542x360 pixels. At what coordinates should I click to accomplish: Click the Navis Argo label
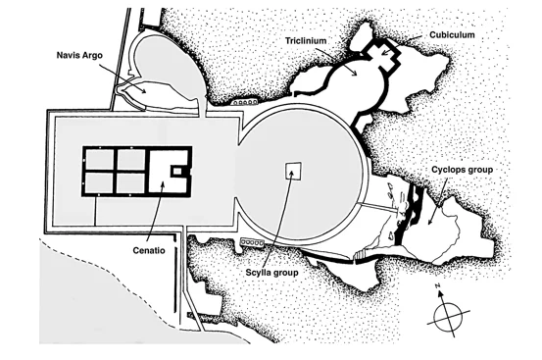coord(79,55)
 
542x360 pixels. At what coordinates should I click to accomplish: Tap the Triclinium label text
coord(306,41)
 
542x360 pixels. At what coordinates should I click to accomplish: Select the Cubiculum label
coord(452,35)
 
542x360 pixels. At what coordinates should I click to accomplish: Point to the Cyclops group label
coord(463,170)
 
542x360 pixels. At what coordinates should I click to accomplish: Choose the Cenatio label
coord(149,250)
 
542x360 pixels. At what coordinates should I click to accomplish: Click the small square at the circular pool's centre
coord(293,171)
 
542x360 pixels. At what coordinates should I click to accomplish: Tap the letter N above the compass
coord(437,285)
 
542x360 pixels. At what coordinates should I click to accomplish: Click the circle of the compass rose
coord(448,317)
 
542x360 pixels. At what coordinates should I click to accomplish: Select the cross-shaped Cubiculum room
coord(382,54)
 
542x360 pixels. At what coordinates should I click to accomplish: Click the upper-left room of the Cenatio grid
coord(100,160)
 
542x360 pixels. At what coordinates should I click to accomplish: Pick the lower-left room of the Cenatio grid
coord(100,182)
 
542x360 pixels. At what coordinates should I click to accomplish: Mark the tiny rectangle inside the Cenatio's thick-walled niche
coord(177,171)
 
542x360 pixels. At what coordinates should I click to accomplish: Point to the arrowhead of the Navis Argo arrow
coord(143,90)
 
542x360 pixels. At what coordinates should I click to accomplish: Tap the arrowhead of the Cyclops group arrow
coord(430,222)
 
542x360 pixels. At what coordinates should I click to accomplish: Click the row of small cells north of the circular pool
coord(245,102)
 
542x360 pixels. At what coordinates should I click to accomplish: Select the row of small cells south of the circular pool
coord(253,242)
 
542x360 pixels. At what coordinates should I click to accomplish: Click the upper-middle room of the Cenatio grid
coord(131,160)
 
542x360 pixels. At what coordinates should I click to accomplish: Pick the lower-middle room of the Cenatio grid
coord(131,182)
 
